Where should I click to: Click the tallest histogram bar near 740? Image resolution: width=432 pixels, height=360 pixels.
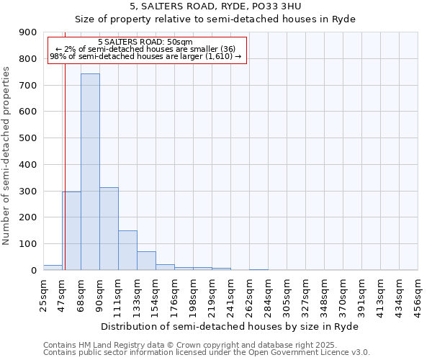(90, 173)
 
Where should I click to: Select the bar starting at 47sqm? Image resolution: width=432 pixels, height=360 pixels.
(71, 230)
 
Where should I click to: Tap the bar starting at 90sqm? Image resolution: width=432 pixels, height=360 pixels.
(109, 229)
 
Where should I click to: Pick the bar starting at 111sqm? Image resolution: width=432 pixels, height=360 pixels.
(127, 251)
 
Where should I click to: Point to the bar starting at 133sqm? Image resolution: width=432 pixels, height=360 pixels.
(146, 261)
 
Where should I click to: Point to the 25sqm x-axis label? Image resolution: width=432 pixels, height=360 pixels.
(43, 293)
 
